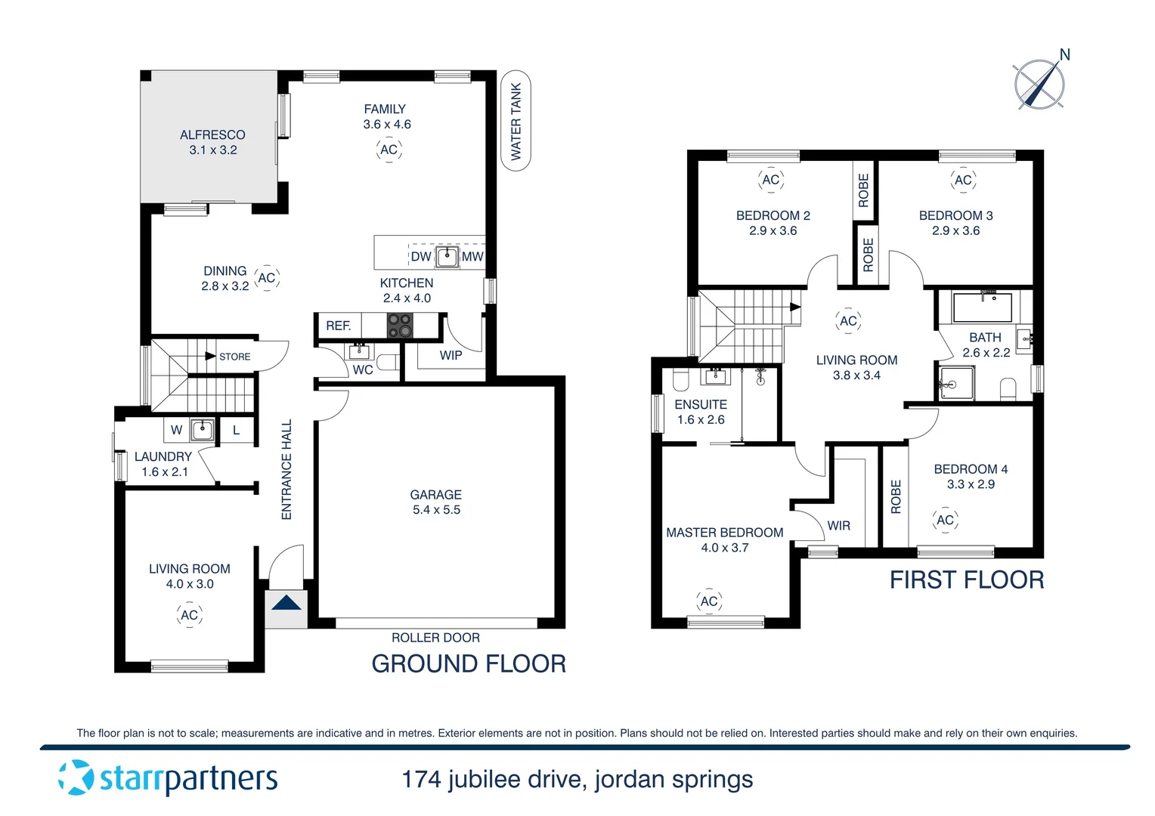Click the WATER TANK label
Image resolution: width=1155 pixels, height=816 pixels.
[516, 121]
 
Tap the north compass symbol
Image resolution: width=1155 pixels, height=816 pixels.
[1039, 83]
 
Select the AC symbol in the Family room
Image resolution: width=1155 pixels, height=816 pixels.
[389, 150]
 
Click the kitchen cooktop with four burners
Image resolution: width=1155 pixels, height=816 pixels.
[400, 326]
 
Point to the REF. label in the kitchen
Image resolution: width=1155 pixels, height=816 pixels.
[338, 326]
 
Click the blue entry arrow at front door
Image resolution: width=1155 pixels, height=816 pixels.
[286, 603]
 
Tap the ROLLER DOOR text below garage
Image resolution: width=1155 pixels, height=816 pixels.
[435, 638]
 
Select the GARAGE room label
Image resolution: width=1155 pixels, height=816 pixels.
[435, 495]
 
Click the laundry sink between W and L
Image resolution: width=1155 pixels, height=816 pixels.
[202, 430]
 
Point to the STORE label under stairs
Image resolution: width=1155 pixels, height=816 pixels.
[234, 357]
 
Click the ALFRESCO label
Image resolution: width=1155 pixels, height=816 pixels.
[212, 135]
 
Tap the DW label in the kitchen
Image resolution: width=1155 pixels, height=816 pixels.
[421, 257]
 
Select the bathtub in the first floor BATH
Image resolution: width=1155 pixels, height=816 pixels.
[982, 308]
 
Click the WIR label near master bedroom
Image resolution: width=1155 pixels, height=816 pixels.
[838, 526]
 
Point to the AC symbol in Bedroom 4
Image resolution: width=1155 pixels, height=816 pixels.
[945, 520]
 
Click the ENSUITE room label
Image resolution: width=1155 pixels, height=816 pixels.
[701, 405]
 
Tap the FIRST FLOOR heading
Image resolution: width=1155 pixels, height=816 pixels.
[967, 580]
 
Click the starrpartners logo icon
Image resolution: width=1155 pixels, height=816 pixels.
[76, 778]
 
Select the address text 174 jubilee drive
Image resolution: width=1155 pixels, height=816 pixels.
[577, 779]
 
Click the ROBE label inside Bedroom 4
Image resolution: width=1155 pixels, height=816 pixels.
[896, 496]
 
